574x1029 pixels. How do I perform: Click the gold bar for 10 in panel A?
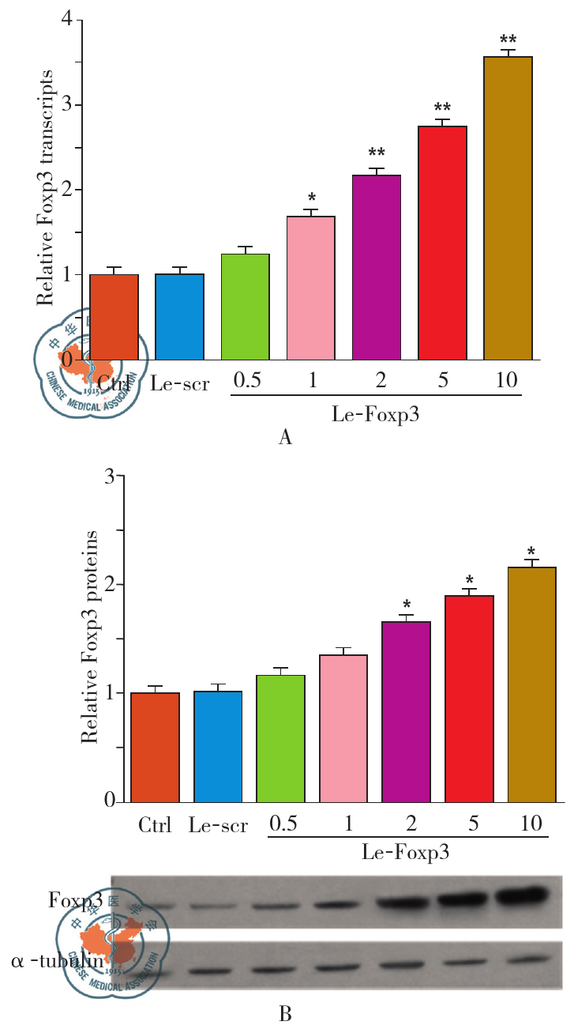508,208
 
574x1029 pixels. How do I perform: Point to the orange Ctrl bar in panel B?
156,747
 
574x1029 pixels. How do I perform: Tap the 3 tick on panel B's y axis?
110,476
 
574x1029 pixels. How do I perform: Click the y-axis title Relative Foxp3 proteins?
90,637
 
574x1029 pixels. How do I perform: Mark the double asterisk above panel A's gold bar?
508,40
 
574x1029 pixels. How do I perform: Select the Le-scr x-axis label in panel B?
218,827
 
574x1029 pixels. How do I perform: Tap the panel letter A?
286,437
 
